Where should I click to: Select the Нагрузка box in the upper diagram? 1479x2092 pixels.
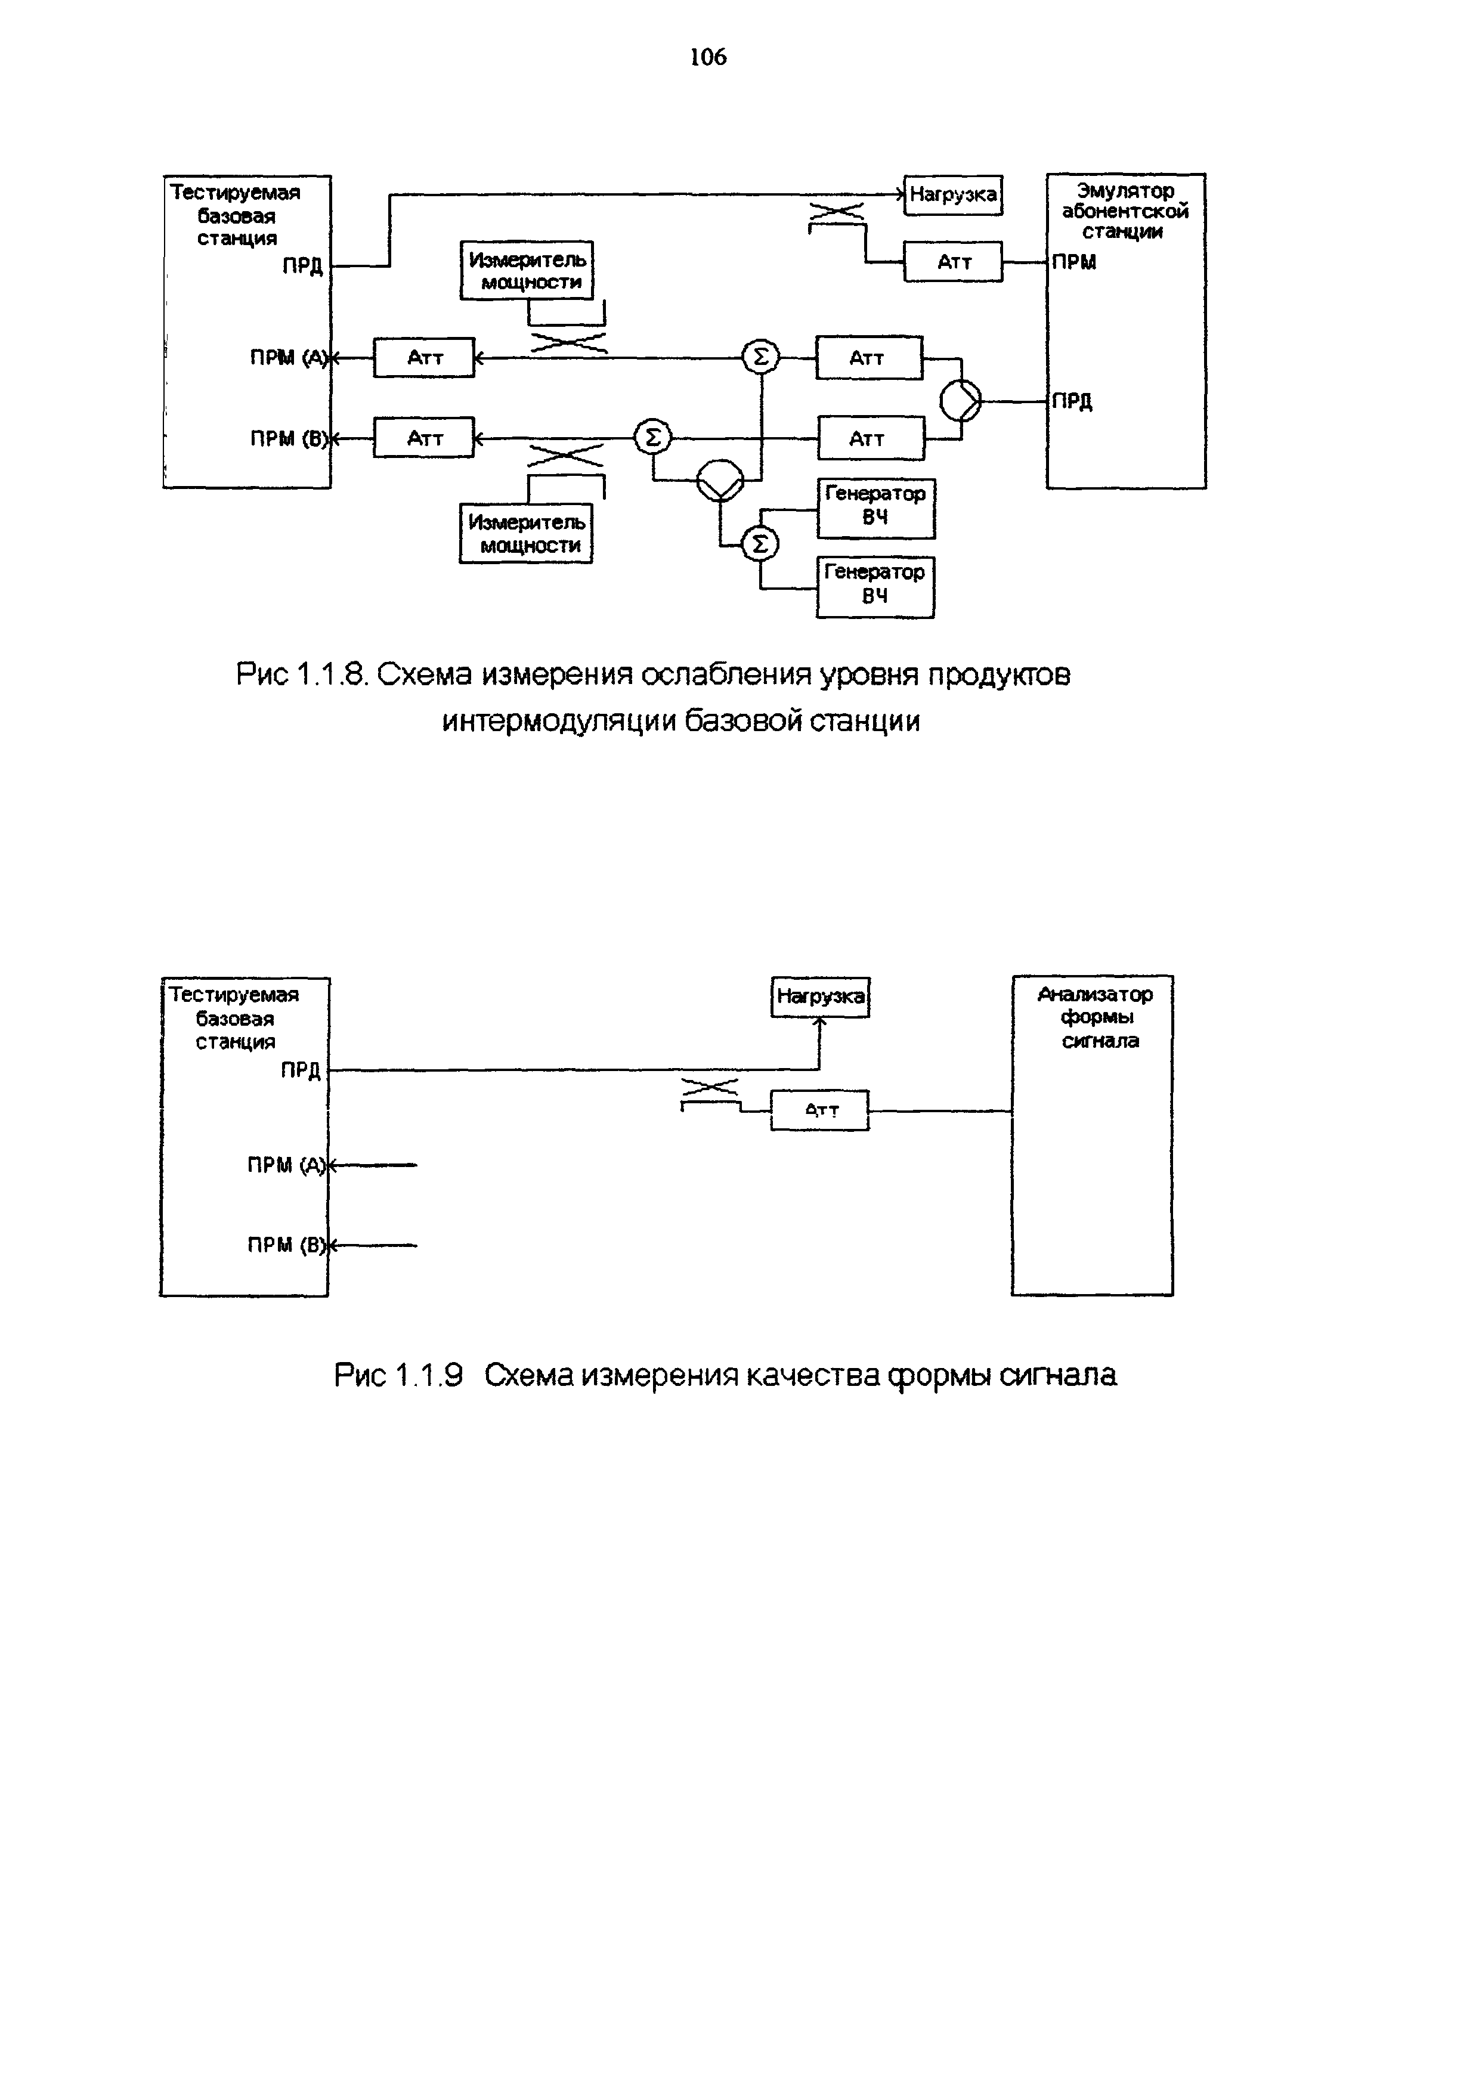coord(952,195)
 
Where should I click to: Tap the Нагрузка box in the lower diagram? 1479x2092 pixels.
coord(820,997)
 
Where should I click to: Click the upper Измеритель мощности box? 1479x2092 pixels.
coord(527,271)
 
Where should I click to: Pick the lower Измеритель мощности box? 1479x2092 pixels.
coord(526,533)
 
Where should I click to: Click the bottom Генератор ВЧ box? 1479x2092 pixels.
coord(875,586)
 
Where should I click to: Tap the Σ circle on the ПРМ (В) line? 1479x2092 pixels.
coord(652,438)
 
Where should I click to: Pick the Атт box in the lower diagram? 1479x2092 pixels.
coord(820,1110)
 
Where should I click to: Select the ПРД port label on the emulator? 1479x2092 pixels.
coord(1072,402)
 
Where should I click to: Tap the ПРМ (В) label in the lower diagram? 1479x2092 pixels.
coord(285,1245)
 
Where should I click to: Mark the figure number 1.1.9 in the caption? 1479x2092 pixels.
coord(428,1375)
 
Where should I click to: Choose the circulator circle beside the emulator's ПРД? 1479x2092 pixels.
coord(960,401)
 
